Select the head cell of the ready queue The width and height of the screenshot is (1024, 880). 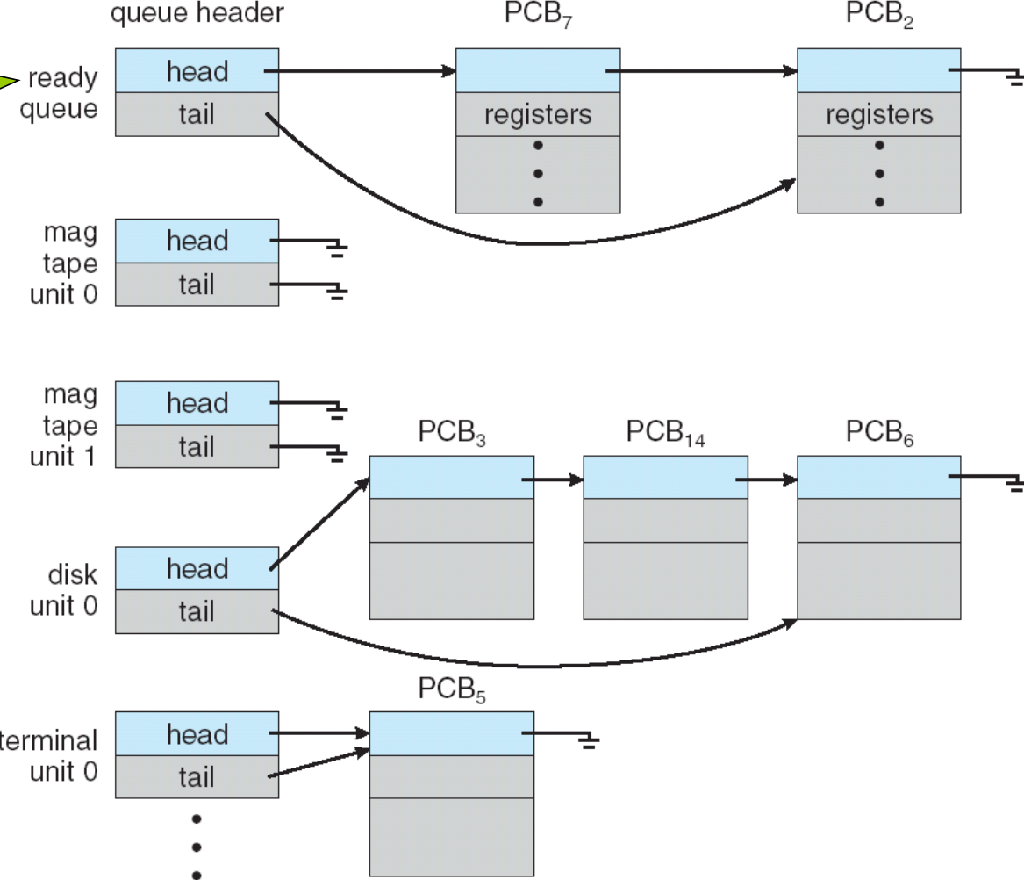tap(197, 71)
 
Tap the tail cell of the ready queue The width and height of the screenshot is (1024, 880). tap(197, 114)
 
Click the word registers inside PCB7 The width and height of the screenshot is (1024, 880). tap(538, 114)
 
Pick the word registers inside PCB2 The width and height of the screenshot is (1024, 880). tap(879, 114)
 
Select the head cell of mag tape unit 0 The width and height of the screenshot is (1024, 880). tap(197, 241)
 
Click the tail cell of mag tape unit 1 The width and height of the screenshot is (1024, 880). tap(197, 447)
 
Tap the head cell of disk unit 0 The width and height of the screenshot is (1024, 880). tap(197, 568)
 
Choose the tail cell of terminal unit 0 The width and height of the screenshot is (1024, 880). tap(197, 776)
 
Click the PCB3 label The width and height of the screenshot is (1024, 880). tap(451, 433)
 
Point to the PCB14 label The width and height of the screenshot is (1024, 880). tap(665, 433)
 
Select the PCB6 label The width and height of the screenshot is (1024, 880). tap(879, 433)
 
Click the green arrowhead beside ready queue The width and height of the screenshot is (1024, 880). tap(9, 83)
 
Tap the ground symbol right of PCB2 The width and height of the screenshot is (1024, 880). tap(1014, 79)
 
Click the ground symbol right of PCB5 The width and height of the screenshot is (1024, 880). tap(589, 741)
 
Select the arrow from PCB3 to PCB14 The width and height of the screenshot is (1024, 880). tap(553, 480)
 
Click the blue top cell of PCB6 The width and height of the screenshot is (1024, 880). tap(879, 477)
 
